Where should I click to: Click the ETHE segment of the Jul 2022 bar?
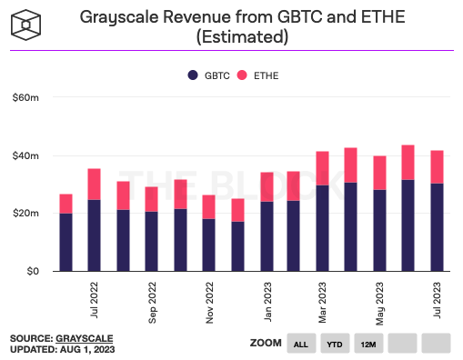click(x=95, y=184)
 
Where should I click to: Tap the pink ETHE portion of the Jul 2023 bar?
click(x=437, y=166)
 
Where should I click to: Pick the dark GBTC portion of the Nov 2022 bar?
click(x=208, y=245)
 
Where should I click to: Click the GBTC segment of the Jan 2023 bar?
click(x=266, y=236)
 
